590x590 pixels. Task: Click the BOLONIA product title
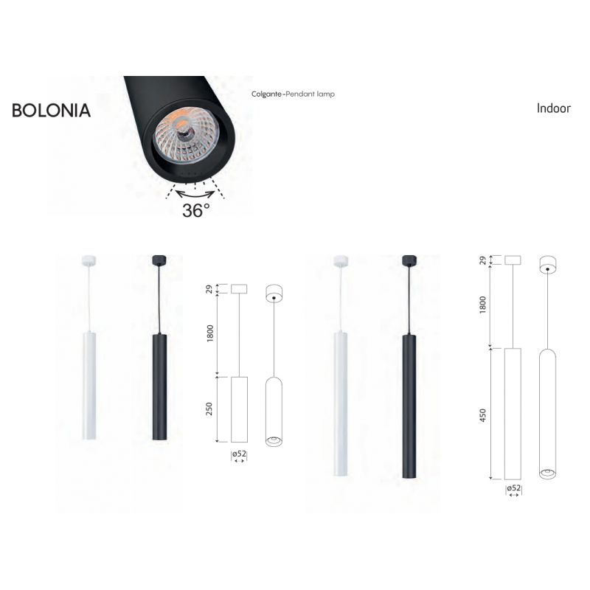point(51,110)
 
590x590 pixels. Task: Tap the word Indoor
point(554,108)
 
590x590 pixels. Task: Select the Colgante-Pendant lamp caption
point(293,94)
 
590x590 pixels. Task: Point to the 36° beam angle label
point(196,210)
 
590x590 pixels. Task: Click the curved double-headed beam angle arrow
point(195,195)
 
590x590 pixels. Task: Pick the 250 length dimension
point(209,409)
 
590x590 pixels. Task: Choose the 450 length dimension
point(483,415)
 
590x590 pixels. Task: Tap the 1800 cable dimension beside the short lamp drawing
point(210,333)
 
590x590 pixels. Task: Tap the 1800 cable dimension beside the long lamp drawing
point(483,305)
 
